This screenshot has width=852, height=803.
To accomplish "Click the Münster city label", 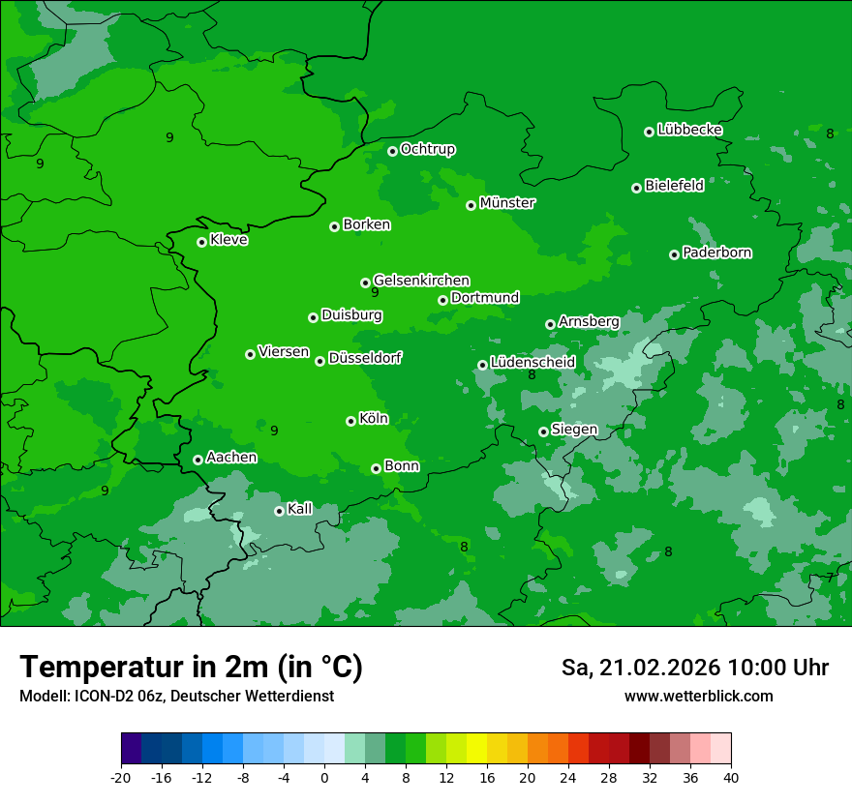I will [507, 203].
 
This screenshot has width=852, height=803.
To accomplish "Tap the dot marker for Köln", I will [350, 421].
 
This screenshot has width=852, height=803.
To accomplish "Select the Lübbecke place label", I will [689, 130].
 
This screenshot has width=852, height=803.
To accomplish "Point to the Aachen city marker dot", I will [198, 460].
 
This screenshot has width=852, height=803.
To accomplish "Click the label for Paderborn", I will [716, 253].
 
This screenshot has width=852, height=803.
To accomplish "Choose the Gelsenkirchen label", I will [421, 281].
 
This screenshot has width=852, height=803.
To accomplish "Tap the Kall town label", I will [300, 509].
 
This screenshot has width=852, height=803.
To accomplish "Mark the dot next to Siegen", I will [543, 431].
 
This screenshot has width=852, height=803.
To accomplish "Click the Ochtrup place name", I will [428, 149].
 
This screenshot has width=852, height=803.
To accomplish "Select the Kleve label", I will [228, 240].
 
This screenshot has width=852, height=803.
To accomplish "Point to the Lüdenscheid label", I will [532, 363].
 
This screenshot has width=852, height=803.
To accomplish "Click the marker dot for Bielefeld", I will [636, 188].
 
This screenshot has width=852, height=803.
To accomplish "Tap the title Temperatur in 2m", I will [191, 668].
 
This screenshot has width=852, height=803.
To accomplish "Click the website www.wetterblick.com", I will [698, 697].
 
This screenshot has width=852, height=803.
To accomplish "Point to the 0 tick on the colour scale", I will [324, 778].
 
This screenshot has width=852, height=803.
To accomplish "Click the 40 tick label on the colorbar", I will [730, 778].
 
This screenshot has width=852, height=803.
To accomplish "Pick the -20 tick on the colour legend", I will [121, 778].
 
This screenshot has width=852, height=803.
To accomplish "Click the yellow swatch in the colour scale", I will [476, 749].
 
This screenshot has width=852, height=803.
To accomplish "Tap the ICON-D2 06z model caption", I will [176, 697].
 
